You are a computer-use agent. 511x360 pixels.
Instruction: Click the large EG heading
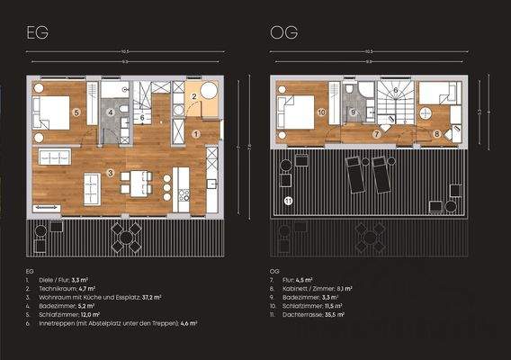click(39, 34)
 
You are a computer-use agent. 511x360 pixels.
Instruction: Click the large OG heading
click(283, 34)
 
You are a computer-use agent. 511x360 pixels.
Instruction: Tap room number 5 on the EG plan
click(77, 112)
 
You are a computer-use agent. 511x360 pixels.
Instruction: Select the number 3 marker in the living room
click(110, 171)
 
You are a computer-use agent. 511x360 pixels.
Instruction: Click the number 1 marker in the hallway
click(195, 133)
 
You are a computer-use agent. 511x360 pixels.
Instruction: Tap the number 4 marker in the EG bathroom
click(111, 112)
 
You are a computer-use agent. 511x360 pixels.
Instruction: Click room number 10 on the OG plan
click(321, 112)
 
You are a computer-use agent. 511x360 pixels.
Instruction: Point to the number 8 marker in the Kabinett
click(437, 134)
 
